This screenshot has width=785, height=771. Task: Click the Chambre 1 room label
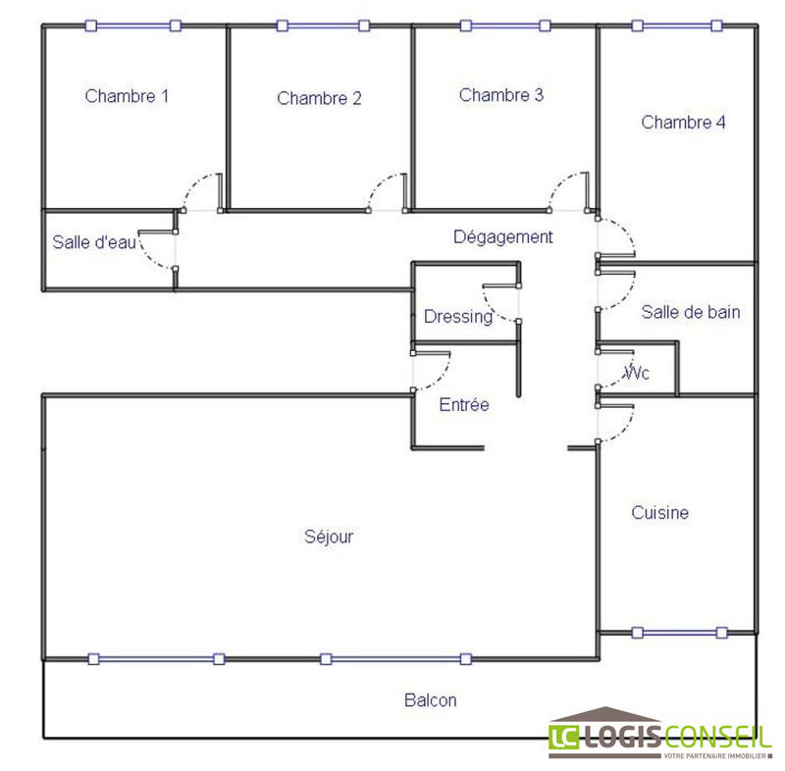[127, 96]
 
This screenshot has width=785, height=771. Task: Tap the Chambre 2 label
[319, 98]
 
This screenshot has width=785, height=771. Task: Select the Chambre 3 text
[501, 95]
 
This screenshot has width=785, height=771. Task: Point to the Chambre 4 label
[684, 123]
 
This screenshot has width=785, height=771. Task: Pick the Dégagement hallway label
[503, 236]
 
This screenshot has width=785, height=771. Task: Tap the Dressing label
[457, 317]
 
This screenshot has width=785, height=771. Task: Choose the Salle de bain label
[691, 313]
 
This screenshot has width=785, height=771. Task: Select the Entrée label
[464, 405]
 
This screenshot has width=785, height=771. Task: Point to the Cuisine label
[659, 513]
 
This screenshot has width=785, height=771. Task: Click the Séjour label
[328, 537]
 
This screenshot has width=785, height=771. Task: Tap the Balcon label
[430, 700]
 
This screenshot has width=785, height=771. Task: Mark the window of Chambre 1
[132, 26]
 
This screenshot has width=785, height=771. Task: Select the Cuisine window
[681, 632]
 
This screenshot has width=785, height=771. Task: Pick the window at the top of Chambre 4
[677, 26]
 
